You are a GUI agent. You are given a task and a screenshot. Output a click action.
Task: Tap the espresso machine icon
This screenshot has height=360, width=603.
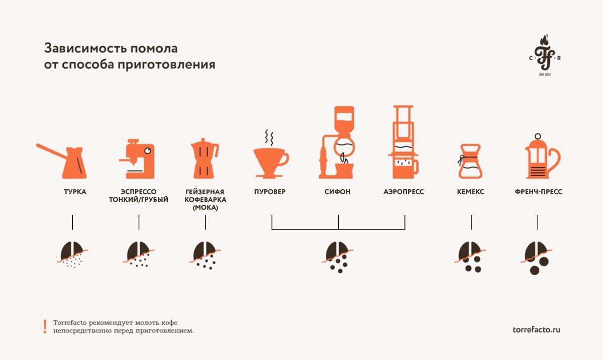(x=137, y=158)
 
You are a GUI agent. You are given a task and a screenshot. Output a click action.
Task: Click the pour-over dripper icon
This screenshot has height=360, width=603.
(x=270, y=161)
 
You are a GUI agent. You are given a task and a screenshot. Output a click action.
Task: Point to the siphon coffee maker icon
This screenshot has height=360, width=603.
(x=338, y=143)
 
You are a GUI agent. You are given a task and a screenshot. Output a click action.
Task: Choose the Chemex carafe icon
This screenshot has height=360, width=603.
(x=470, y=161)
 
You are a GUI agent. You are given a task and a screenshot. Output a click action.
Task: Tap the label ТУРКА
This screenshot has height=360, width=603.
(x=75, y=192)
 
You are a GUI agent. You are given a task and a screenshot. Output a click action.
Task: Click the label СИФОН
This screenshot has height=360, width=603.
(x=338, y=192)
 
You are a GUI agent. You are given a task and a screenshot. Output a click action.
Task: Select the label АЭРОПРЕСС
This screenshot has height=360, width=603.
(x=404, y=192)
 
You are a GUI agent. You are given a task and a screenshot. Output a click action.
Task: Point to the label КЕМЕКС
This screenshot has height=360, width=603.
(x=471, y=192)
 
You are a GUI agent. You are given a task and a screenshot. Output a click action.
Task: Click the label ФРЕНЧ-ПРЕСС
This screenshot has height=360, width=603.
(x=538, y=192)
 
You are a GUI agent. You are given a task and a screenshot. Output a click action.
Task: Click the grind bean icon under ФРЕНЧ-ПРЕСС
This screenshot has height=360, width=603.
(x=537, y=257)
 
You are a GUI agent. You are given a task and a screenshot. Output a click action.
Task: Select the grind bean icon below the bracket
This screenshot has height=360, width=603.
(x=338, y=256)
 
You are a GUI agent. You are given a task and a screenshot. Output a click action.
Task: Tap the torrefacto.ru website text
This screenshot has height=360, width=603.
(x=536, y=330)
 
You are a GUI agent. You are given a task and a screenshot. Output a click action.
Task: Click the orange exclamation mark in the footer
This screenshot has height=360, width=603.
(x=45, y=326)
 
